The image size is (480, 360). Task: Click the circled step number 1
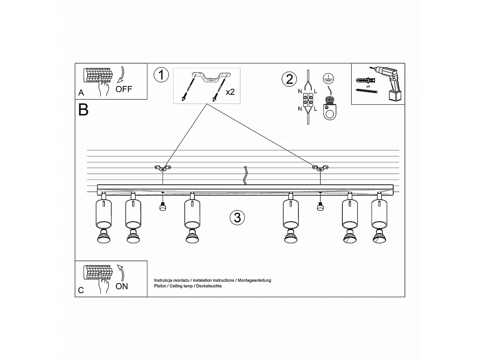coord(161,75)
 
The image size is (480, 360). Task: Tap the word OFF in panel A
coord(124,89)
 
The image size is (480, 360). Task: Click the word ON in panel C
coord(122,286)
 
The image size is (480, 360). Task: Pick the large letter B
coord(83,110)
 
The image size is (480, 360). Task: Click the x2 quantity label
coord(230,92)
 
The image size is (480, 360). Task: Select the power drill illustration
coord(388,82)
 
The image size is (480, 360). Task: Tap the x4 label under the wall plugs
coord(368,86)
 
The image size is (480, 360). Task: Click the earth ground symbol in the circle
coord(329,79)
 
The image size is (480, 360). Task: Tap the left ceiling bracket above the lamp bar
coord(162,168)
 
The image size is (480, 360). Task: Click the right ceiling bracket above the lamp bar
coord(320,168)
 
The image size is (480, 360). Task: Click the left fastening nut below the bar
coord(162,207)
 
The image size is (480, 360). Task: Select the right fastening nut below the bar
coord(320,207)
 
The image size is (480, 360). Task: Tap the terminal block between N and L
coord(308,100)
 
